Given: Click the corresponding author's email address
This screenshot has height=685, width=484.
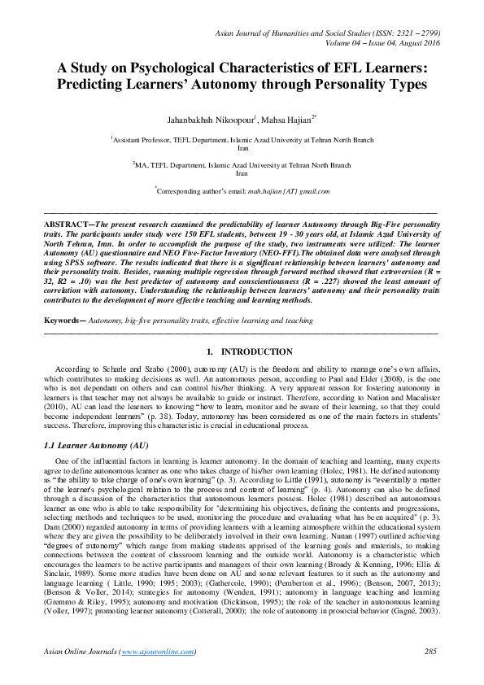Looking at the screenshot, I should [290, 191].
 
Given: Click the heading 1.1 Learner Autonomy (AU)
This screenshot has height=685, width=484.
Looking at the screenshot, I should [95, 447].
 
